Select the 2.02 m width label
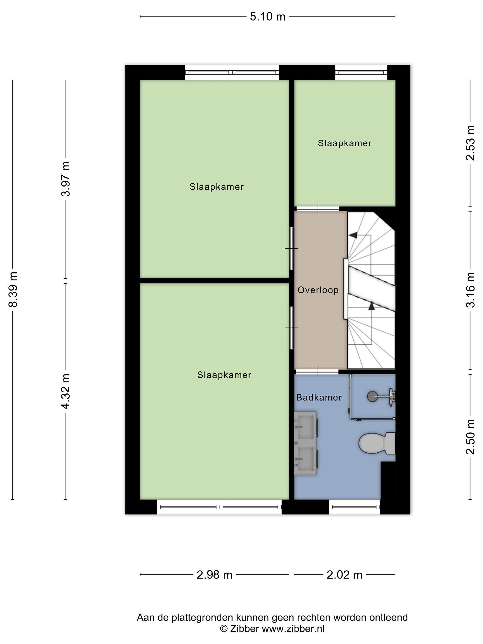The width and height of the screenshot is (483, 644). pyautogui.click(x=344, y=575)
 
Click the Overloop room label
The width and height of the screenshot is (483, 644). pyautogui.click(x=318, y=290)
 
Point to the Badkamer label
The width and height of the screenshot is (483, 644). pyautogui.click(x=319, y=397)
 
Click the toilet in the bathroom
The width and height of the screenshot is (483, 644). pyautogui.click(x=377, y=443)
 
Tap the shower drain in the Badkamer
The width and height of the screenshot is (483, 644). pyautogui.click(x=372, y=396)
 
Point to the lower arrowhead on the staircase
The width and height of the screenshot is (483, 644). pyautogui.click(x=371, y=306)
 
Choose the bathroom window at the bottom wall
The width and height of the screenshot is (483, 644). pyautogui.click(x=354, y=507)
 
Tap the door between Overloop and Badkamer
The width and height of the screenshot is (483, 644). pyautogui.click(x=317, y=372)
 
